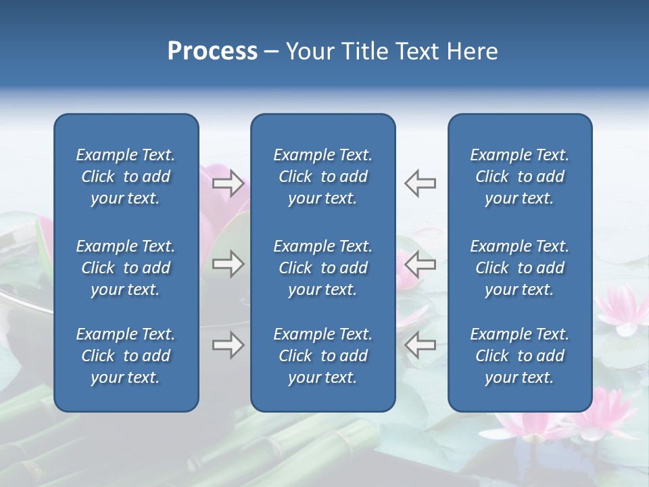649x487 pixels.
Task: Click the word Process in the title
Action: click(212, 51)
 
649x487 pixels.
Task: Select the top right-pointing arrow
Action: click(229, 183)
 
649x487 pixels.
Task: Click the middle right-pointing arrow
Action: click(229, 264)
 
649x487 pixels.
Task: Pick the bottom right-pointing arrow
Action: click(229, 345)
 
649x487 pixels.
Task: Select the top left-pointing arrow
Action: click(420, 183)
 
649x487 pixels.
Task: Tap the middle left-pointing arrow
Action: click(420, 264)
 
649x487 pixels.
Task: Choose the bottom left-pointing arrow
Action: click(420, 345)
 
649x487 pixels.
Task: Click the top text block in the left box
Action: click(126, 177)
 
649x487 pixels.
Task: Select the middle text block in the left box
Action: click(126, 268)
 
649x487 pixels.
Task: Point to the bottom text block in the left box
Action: click(126, 356)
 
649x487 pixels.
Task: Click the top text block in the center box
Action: click(323, 177)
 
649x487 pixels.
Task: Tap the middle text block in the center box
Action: click(323, 268)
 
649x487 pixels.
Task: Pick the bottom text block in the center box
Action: click(323, 356)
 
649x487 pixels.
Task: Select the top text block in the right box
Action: click(520, 177)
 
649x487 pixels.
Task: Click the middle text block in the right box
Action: click(520, 268)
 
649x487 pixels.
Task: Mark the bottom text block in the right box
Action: click(520, 356)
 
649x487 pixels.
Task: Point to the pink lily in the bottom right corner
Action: click(602, 419)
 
